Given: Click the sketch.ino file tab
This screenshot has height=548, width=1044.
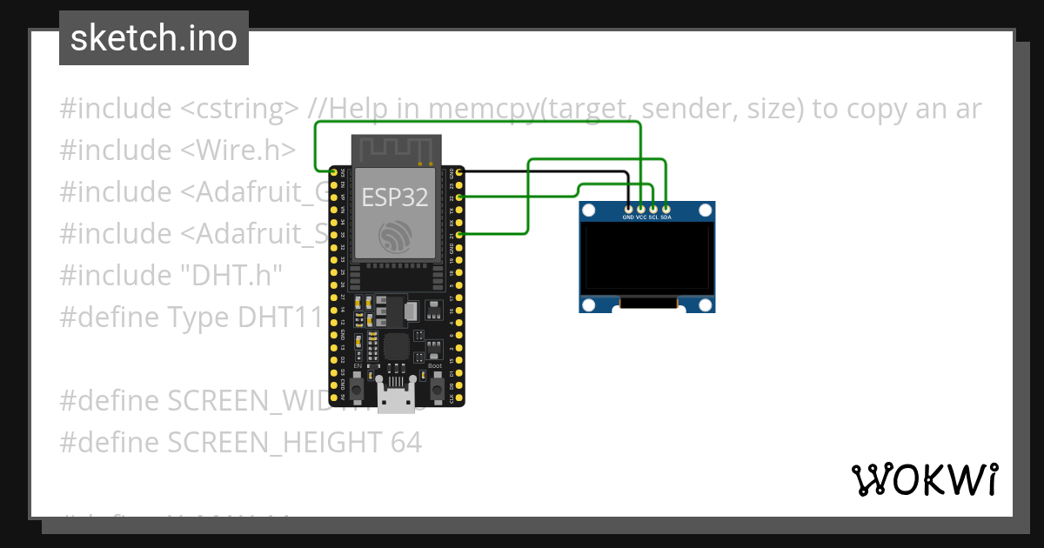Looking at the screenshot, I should point(154,38).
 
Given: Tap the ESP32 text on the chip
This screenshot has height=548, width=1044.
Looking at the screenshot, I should point(395,197).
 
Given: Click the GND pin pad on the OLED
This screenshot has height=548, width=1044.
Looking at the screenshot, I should point(628,209).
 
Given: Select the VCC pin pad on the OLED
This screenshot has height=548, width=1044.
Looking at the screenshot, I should point(641,209).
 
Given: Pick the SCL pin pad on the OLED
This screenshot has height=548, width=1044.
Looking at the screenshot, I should point(653,209).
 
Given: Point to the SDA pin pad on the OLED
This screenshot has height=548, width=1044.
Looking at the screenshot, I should point(666,209).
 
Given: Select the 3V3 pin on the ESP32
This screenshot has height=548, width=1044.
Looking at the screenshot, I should point(333,173).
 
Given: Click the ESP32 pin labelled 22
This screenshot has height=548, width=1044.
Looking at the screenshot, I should point(459,197).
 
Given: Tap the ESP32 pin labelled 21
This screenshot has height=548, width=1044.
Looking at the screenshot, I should point(459,235).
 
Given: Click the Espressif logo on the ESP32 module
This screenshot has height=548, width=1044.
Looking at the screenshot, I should point(396,236).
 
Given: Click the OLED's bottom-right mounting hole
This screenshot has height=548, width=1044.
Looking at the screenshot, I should point(706,304).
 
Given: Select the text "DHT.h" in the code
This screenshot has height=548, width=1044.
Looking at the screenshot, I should point(230,275).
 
